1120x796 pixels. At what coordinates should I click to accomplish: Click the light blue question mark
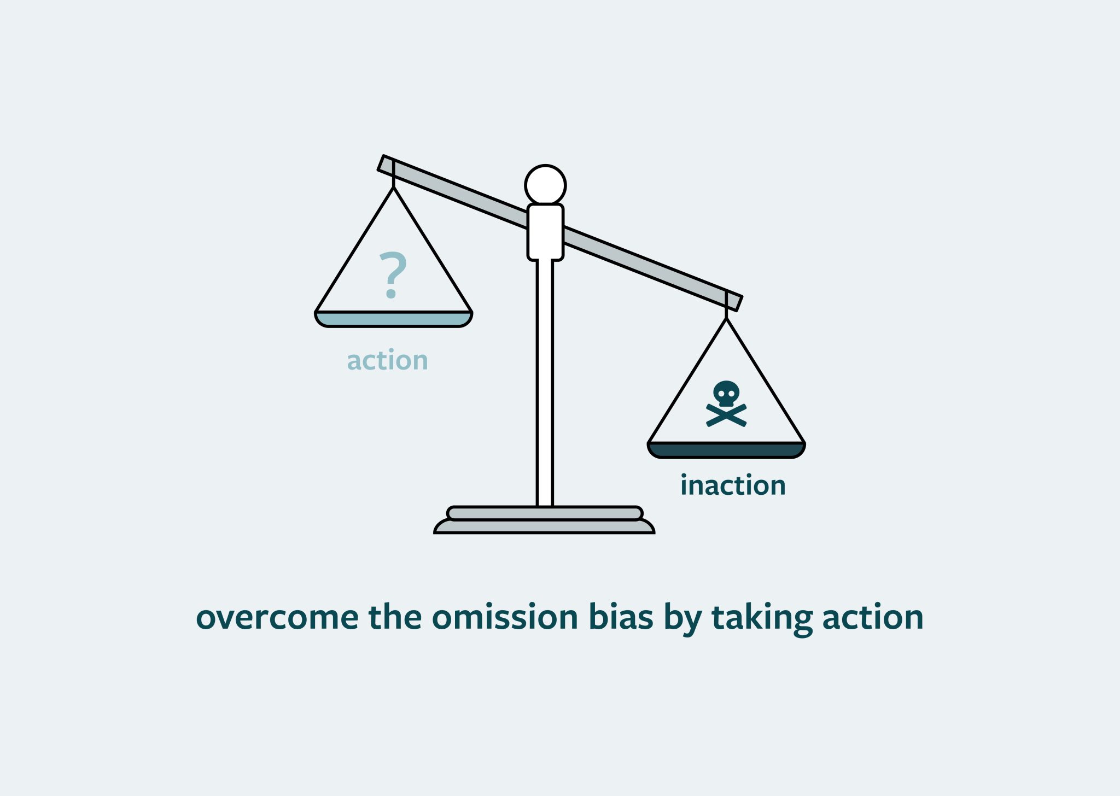393,273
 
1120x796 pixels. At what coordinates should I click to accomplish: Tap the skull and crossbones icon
726,405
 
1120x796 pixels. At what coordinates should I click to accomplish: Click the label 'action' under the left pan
387,361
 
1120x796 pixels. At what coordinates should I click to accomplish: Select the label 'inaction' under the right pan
733,485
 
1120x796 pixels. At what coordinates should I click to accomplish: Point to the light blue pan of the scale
394,319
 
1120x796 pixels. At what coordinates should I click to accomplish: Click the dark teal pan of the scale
726,450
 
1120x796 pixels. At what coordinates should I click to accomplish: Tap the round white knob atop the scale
545,185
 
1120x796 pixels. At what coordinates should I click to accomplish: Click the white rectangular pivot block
545,232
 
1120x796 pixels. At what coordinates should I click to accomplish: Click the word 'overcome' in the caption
277,617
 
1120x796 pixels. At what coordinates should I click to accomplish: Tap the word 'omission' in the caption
505,617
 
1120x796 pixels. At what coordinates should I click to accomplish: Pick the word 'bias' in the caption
621,617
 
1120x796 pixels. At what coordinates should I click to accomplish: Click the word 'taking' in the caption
762,618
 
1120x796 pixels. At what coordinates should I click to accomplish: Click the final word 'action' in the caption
873,617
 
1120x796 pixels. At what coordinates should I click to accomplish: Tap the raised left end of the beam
386,163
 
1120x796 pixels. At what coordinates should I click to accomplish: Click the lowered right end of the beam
734,301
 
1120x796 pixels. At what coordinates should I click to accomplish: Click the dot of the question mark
391,295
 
